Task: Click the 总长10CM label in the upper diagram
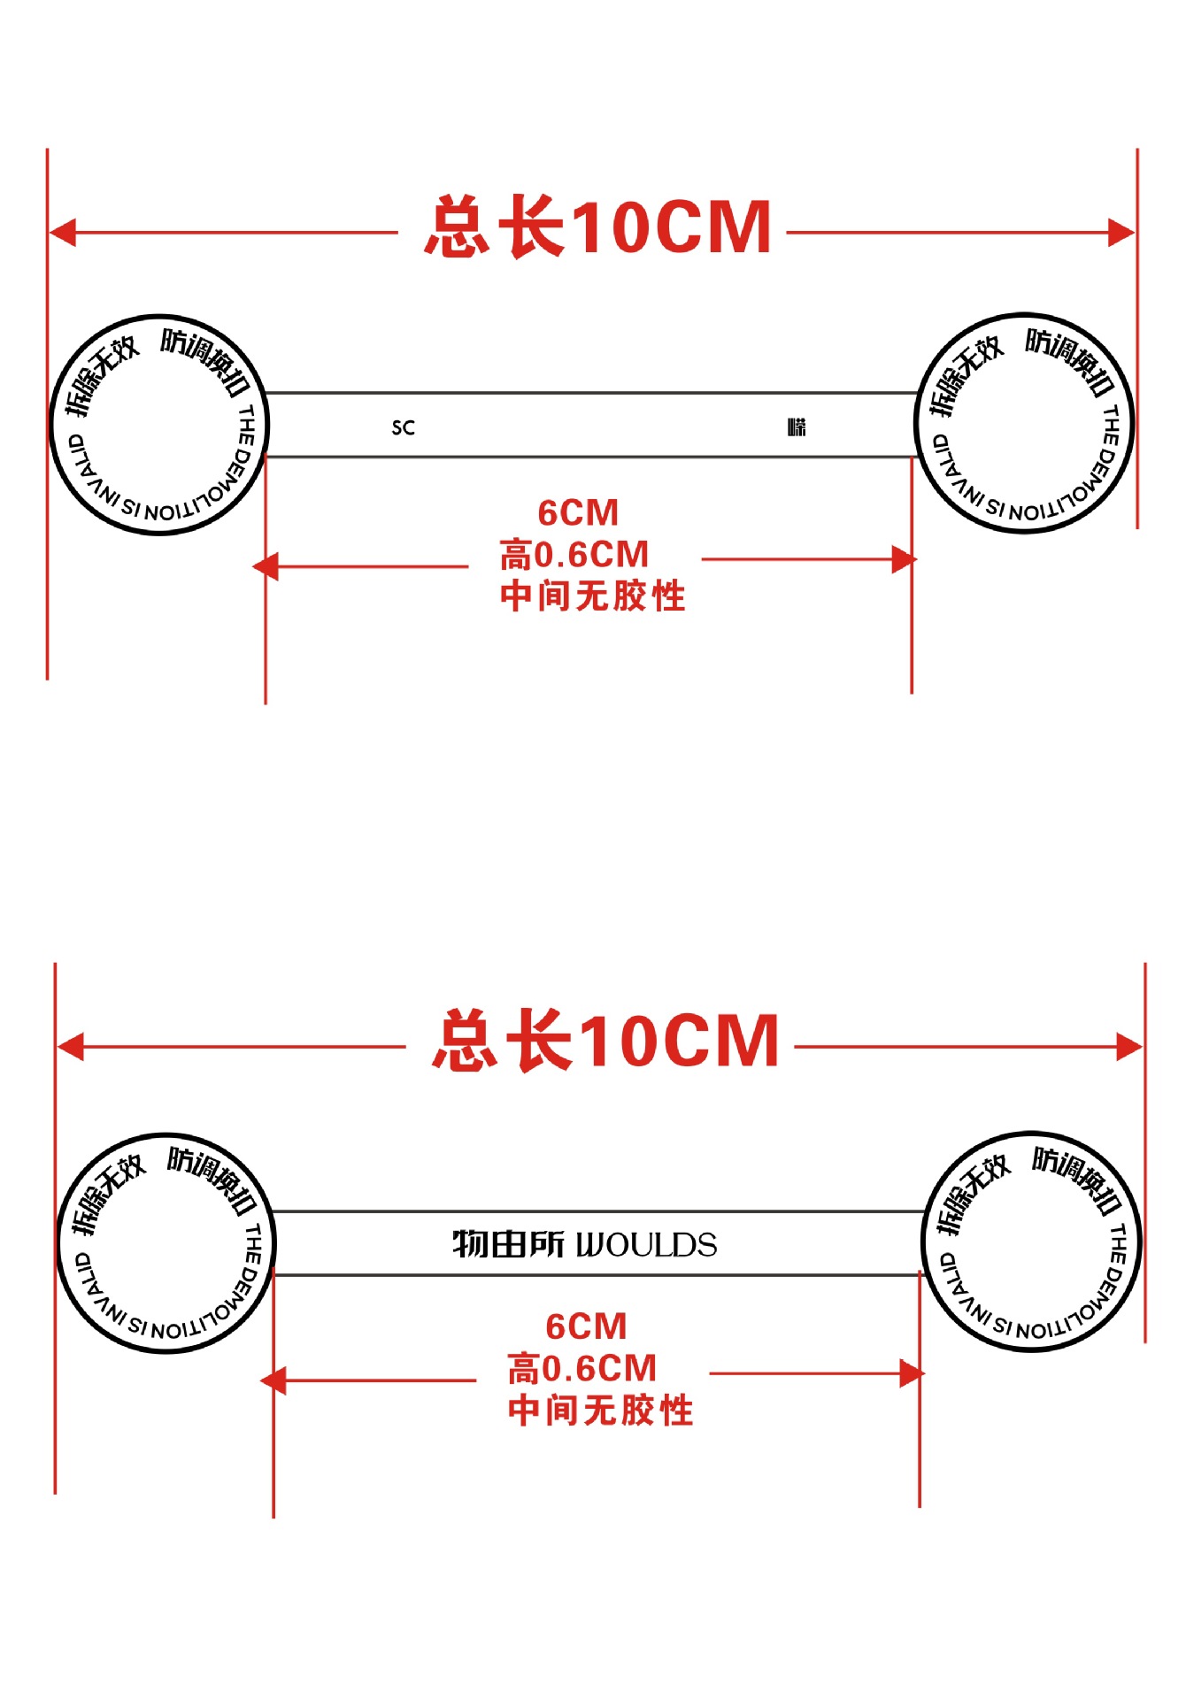598,227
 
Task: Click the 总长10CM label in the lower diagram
606,1042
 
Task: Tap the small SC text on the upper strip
404,428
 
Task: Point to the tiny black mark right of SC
797,427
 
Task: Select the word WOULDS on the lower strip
647,1245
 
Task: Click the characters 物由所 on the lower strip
508,1244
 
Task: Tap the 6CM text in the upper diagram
578,513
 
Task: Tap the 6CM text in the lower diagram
586,1327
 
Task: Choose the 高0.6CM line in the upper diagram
574,556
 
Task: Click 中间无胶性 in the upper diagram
592,596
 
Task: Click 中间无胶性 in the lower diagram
600,1411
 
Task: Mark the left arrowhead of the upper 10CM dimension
62,234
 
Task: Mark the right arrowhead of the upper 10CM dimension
1121,234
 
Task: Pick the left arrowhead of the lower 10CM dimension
70,1047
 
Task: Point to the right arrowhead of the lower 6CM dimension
911,1374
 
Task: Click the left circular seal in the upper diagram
158,425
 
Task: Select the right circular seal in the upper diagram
1024,423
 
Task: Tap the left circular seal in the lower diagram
166,1243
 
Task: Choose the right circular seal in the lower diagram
1032,1242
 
